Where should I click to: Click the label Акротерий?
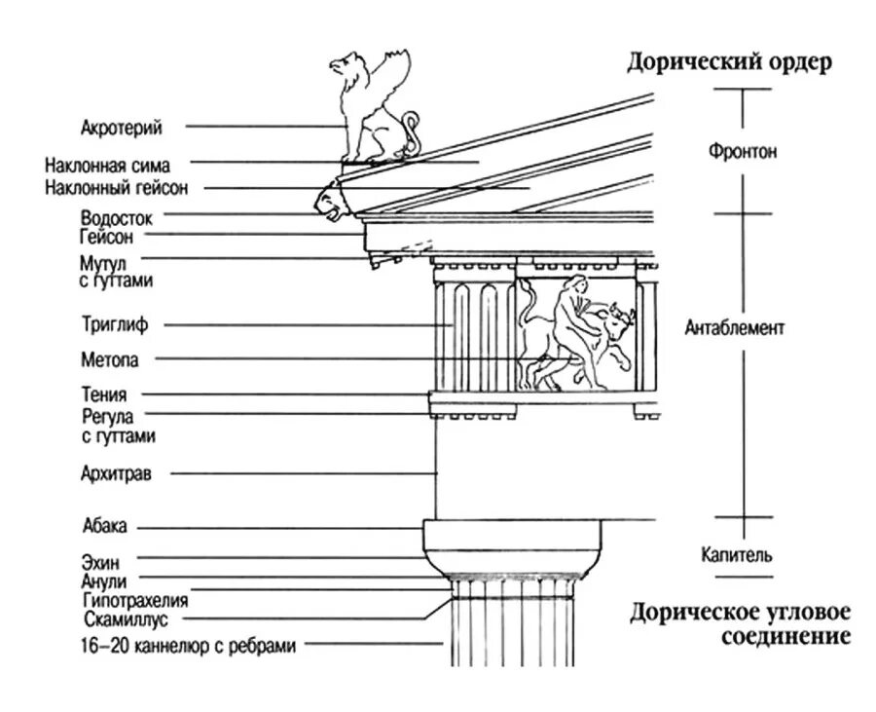(x=122, y=127)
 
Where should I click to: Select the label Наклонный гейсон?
(x=117, y=188)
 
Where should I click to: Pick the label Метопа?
(x=110, y=359)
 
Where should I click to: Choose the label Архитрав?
(x=116, y=474)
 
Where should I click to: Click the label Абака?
(x=105, y=528)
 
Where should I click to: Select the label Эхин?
(x=101, y=561)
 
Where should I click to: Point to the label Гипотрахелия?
(x=135, y=600)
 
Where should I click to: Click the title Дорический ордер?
(x=728, y=62)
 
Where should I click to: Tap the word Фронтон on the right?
(x=742, y=153)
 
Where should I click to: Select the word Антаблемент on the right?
(x=734, y=328)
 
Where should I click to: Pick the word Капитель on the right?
(x=737, y=556)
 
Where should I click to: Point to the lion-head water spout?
(x=328, y=203)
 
